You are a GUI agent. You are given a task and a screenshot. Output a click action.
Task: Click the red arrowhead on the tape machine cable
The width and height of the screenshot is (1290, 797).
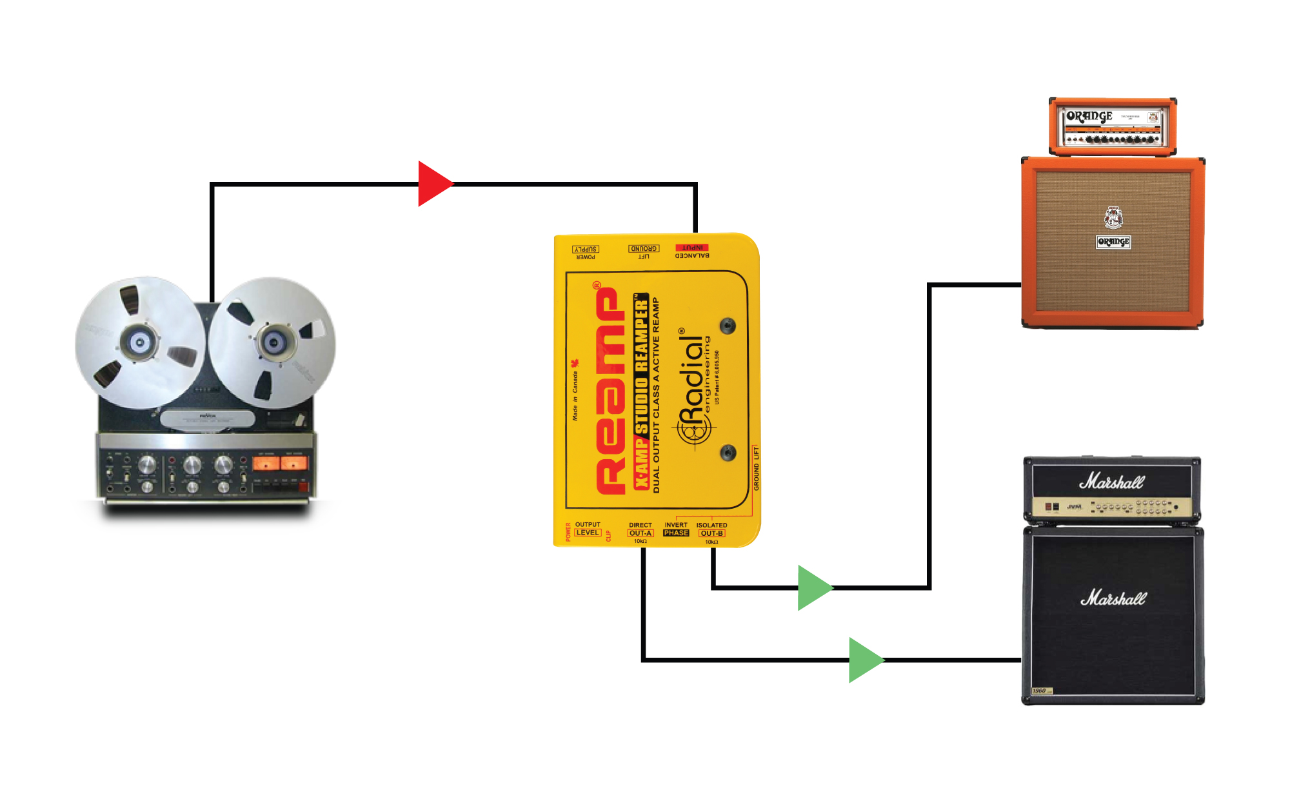point(433,184)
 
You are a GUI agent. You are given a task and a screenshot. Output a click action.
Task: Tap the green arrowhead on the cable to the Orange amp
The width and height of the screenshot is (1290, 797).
point(813,587)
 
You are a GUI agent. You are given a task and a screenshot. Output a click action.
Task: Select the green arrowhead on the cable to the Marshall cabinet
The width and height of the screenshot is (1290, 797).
point(864,660)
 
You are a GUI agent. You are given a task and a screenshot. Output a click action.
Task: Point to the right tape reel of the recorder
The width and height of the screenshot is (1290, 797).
point(273,342)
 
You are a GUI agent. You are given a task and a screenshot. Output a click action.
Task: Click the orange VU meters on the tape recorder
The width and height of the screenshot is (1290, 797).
point(280,463)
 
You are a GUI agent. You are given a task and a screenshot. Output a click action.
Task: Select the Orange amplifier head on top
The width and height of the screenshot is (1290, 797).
point(1113,126)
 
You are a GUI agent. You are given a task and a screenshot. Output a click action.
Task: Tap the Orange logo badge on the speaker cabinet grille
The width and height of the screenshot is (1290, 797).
point(1113,242)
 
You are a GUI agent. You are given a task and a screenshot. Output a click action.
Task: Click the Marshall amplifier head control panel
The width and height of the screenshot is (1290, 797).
point(1112,507)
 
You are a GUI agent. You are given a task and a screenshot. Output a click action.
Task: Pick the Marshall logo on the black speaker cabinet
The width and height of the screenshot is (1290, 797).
point(1113,598)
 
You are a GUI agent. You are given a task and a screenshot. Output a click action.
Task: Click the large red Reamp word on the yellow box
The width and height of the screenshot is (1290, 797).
point(610,390)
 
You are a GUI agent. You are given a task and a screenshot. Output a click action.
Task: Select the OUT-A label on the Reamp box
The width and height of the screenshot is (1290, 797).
point(640,533)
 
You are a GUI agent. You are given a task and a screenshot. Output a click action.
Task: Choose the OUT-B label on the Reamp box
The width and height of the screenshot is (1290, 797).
point(711,533)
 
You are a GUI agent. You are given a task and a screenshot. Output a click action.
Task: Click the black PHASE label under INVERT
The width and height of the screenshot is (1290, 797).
point(676,533)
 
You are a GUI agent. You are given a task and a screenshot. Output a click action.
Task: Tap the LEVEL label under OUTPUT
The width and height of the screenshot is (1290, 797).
point(588,533)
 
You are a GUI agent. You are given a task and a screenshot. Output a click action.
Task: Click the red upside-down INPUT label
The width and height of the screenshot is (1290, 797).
point(692,248)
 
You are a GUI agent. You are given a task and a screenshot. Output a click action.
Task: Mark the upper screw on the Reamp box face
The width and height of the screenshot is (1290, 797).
point(728,326)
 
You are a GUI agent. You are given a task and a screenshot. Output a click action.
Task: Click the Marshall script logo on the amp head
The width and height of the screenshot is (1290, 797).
point(1112,482)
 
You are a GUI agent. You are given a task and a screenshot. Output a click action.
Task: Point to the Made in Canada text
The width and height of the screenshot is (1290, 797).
point(575,393)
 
